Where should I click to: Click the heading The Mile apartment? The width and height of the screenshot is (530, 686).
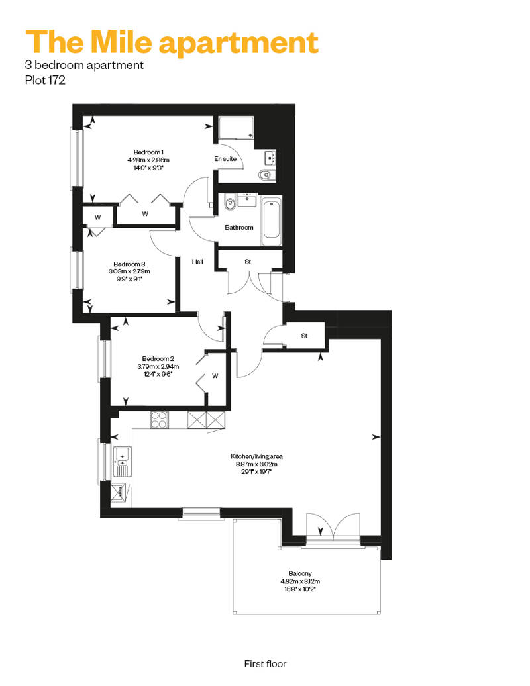point(172,43)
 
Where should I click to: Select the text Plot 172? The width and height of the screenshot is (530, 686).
point(45,81)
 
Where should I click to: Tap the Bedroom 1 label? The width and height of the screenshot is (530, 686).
point(148,152)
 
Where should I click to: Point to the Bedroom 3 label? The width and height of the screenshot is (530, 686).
point(129,264)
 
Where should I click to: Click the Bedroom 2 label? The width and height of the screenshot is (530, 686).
point(158,359)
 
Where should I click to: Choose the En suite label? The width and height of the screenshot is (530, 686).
point(225,159)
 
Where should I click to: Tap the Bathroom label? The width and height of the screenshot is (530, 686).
point(239,228)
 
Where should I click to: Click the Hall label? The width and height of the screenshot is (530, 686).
point(197,262)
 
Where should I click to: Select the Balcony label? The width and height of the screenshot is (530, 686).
point(300,573)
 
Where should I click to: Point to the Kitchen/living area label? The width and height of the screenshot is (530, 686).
point(257,456)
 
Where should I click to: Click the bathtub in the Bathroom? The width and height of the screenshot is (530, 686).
point(272,221)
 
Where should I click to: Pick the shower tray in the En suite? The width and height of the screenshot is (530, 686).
point(237,128)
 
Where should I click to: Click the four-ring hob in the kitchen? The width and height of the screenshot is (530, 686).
point(159,420)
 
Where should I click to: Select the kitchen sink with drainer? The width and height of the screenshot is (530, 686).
point(122,462)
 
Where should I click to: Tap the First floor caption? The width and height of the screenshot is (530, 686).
point(265,664)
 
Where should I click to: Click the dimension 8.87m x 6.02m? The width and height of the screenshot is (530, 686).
point(257,464)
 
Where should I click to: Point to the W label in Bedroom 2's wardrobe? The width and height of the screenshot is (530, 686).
point(215,376)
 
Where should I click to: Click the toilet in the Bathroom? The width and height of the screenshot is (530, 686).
point(230,203)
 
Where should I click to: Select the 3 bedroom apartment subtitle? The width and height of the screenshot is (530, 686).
point(84,65)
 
